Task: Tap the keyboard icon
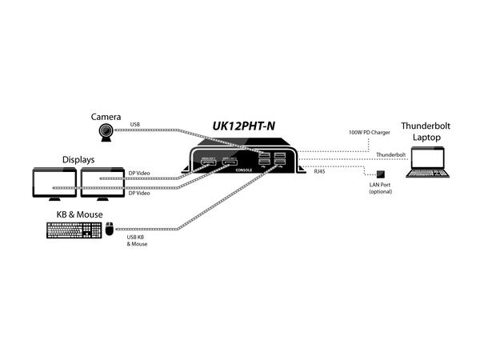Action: pyautogui.click(x=74, y=230)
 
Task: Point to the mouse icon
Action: pyautogui.click(x=110, y=230)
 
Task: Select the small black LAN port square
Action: pyautogui.click(x=381, y=175)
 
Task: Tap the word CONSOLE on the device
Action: pyautogui.click(x=242, y=169)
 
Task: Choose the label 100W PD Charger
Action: pyautogui.click(x=369, y=132)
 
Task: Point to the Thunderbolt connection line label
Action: pyautogui.click(x=390, y=154)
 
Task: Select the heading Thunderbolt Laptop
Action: pyautogui.click(x=426, y=131)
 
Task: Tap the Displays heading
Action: pyautogui.click(x=78, y=159)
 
